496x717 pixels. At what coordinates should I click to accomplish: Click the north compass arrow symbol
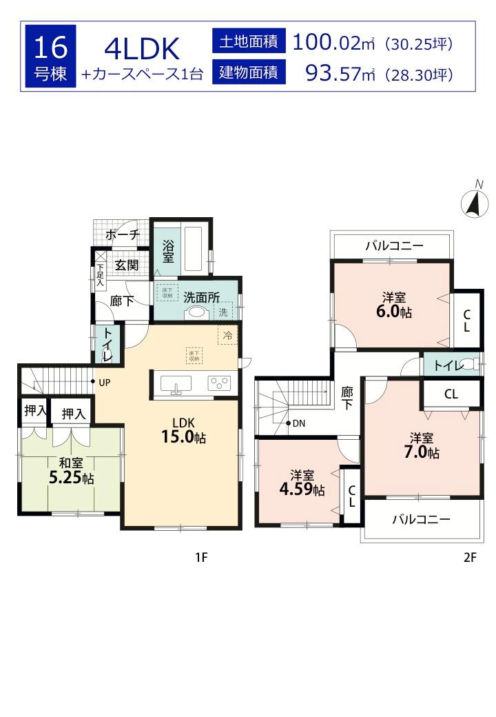pos(474,203)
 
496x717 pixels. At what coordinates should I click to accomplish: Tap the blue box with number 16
pos(50,56)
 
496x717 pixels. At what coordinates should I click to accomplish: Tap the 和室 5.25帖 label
pos(71,471)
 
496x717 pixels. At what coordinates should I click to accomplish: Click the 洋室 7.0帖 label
pos(421,445)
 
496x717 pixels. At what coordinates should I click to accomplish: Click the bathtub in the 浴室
pos(194,249)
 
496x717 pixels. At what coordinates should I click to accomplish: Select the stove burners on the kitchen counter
pos(220,383)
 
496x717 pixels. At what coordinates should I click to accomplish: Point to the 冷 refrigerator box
pos(227,336)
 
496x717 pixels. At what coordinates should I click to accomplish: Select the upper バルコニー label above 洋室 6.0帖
pos(394,245)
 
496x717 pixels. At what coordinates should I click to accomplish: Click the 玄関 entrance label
pos(127,265)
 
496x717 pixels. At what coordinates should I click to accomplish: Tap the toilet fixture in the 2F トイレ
pos(469,365)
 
